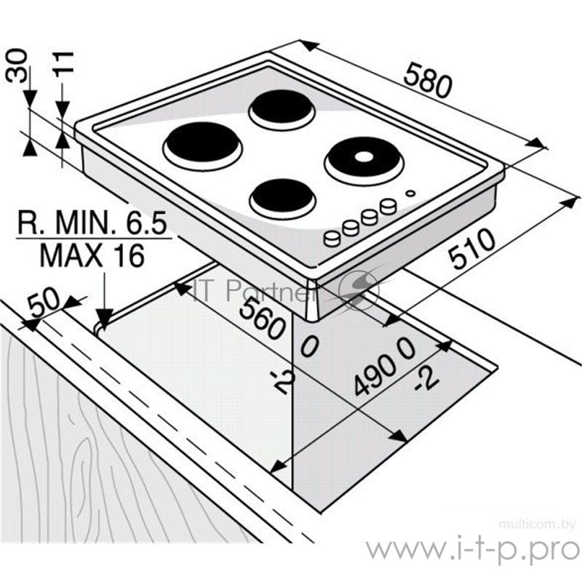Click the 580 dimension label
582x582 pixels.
pyautogui.click(x=428, y=81)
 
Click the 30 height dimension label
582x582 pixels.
pyautogui.click(x=17, y=66)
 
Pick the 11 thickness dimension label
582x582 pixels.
pyautogui.click(x=63, y=64)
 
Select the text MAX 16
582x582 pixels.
pyautogui.click(x=92, y=255)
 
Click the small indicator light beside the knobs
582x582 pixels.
pyautogui.click(x=410, y=193)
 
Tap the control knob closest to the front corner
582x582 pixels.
pyautogui.click(x=332, y=238)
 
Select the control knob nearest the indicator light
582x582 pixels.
pyautogui.click(x=388, y=206)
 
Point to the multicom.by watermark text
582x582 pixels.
pyautogui.click(x=537, y=525)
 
